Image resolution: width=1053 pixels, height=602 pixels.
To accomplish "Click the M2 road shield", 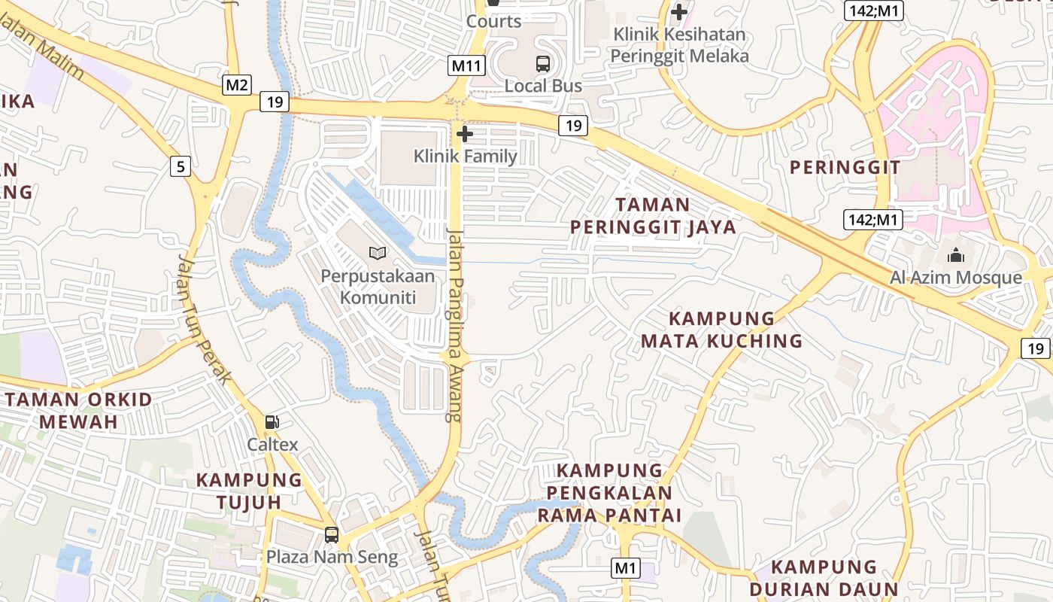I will pyautogui.click(x=237, y=85).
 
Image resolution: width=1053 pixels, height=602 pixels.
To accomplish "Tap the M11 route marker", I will pyautogui.click(x=466, y=65).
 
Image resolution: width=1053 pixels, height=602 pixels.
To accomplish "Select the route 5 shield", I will pyautogui.click(x=180, y=166).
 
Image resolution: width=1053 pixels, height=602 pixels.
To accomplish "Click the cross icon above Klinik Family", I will pyautogui.click(x=465, y=135).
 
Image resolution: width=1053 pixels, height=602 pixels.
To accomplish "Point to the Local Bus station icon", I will pyautogui.click(x=543, y=64).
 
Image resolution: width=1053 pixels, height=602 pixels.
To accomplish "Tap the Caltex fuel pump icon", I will pyautogui.click(x=272, y=423).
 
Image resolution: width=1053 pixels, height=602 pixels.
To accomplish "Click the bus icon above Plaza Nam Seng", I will pyautogui.click(x=331, y=535).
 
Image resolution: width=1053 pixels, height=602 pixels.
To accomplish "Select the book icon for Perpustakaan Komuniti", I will pyautogui.click(x=378, y=254).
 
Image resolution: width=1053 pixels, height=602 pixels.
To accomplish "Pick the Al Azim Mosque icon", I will pyautogui.click(x=956, y=256).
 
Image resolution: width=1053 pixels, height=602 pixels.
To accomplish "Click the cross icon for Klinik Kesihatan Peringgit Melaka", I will pyautogui.click(x=679, y=12).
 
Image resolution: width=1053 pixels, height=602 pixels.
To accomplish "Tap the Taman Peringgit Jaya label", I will pyautogui.click(x=653, y=216).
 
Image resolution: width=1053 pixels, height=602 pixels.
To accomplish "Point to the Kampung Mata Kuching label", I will pyautogui.click(x=721, y=330).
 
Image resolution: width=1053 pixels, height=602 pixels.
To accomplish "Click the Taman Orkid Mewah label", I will pyautogui.click(x=79, y=410).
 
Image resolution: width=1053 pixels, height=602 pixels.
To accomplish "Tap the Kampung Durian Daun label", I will pyautogui.click(x=824, y=578).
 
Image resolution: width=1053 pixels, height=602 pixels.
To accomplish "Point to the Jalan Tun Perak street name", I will pyautogui.click(x=203, y=320).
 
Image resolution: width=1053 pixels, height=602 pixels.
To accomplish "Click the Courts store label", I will pyautogui.click(x=493, y=21).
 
